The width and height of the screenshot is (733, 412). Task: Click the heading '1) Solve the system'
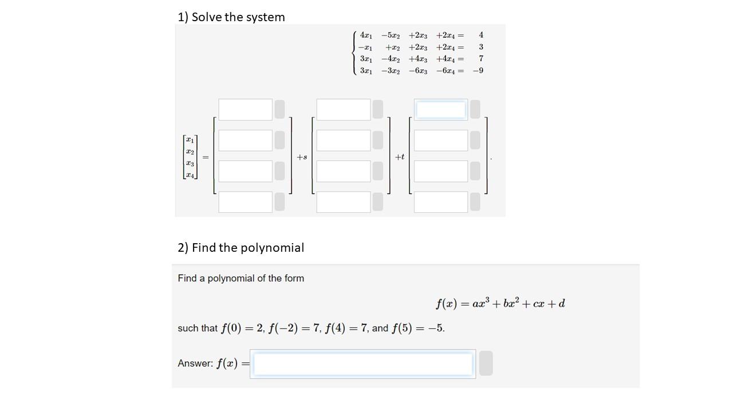click(231, 17)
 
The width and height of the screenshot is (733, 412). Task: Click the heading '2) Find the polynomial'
click(241, 248)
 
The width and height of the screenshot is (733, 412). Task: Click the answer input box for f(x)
click(363, 364)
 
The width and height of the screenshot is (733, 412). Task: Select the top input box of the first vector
click(245, 109)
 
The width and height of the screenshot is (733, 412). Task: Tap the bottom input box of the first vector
click(245, 202)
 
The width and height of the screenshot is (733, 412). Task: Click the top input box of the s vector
click(343, 109)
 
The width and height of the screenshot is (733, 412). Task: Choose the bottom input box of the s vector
click(343, 202)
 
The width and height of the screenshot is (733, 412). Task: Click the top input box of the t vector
click(440, 109)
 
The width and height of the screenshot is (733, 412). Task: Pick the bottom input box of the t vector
click(440, 202)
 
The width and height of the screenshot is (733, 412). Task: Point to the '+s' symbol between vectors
click(302, 157)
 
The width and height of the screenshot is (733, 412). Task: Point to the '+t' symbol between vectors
click(400, 157)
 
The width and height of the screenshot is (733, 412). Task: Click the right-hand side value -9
click(478, 71)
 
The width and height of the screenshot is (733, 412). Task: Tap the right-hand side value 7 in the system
click(481, 59)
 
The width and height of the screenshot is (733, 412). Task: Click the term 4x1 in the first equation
click(366, 35)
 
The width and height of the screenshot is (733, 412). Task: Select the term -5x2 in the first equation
click(391, 35)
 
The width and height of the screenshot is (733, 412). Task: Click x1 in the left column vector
click(190, 140)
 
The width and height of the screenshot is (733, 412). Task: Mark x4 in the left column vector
click(190, 175)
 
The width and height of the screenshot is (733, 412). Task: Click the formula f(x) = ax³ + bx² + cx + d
click(500, 303)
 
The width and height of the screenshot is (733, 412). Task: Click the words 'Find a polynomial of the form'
click(241, 279)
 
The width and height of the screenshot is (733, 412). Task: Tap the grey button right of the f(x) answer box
click(486, 364)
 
